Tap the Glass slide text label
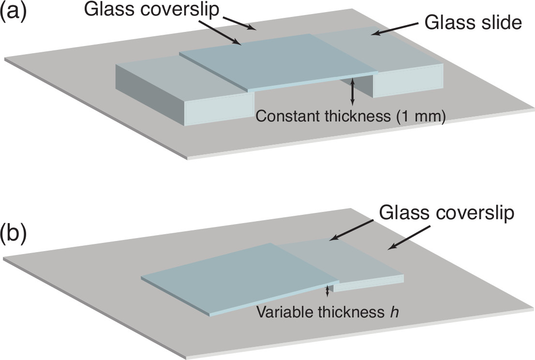pos(473,22)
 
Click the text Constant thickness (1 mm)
pos(350,117)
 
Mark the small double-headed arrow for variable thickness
pos(328,291)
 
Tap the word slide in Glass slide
pos(501,22)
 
